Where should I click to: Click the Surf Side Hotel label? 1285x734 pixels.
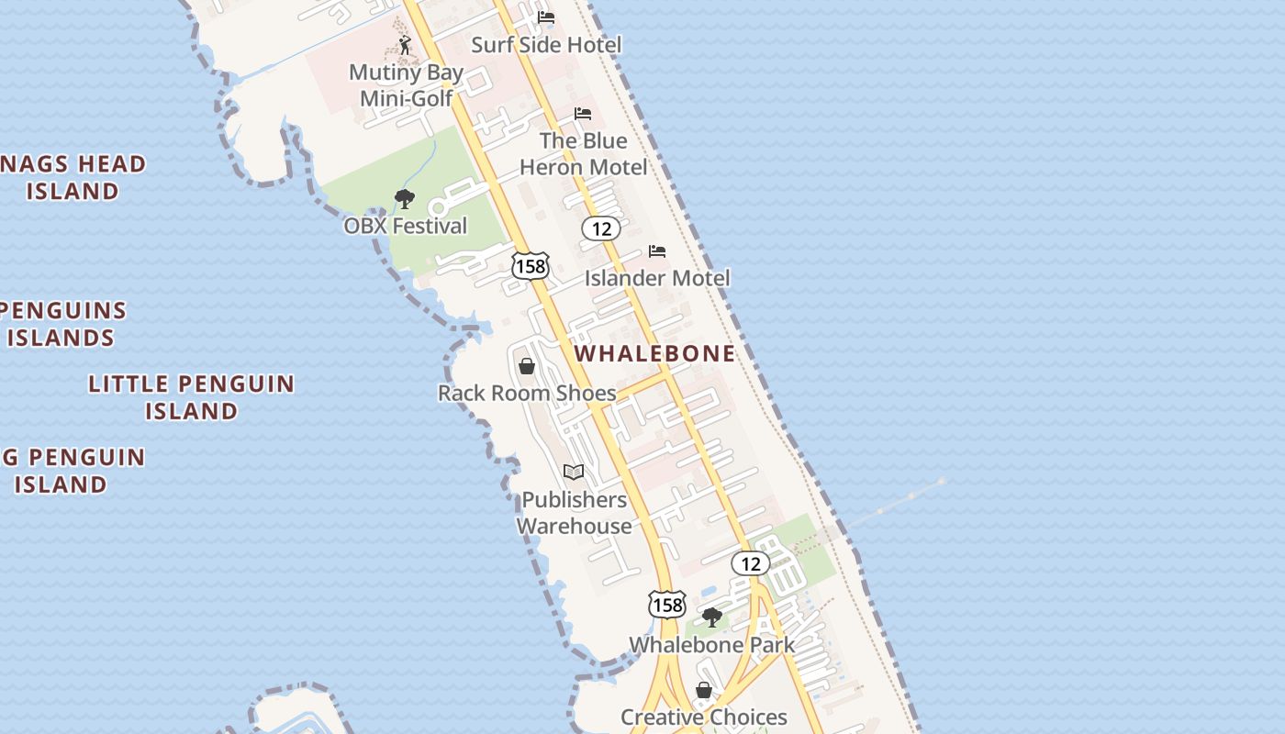pyautogui.click(x=546, y=44)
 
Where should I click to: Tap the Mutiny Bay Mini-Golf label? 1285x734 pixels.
pyautogui.click(x=406, y=85)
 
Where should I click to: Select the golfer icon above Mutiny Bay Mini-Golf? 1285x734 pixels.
pyautogui.click(x=405, y=44)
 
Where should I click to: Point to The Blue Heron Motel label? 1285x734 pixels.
pyautogui.click(x=584, y=153)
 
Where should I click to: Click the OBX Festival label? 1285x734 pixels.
pyautogui.click(x=405, y=226)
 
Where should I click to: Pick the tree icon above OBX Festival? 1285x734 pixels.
pyautogui.click(x=404, y=198)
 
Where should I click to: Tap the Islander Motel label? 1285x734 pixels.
pyautogui.click(x=657, y=277)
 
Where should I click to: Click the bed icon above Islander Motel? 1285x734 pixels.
pyautogui.click(x=657, y=251)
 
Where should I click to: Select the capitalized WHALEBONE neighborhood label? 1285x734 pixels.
pyautogui.click(x=655, y=353)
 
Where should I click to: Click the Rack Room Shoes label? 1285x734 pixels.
pyautogui.click(x=527, y=393)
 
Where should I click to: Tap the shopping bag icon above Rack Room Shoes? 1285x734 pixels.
pyautogui.click(x=527, y=366)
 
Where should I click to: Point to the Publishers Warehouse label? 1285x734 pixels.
pyautogui.click(x=575, y=513)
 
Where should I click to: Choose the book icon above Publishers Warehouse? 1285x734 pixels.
pyautogui.click(x=574, y=473)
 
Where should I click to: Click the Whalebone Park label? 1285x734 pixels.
pyautogui.click(x=711, y=644)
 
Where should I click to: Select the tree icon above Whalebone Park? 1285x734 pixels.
pyautogui.click(x=711, y=617)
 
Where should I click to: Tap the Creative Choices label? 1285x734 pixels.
pyautogui.click(x=704, y=717)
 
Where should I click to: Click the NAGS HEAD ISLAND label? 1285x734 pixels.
pyautogui.click(x=73, y=177)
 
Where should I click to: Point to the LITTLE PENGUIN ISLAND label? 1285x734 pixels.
pyautogui.click(x=191, y=396)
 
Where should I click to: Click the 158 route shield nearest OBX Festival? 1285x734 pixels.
pyautogui.click(x=531, y=266)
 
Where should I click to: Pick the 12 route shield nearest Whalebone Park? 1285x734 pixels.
pyautogui.click(x=750, y=563)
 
